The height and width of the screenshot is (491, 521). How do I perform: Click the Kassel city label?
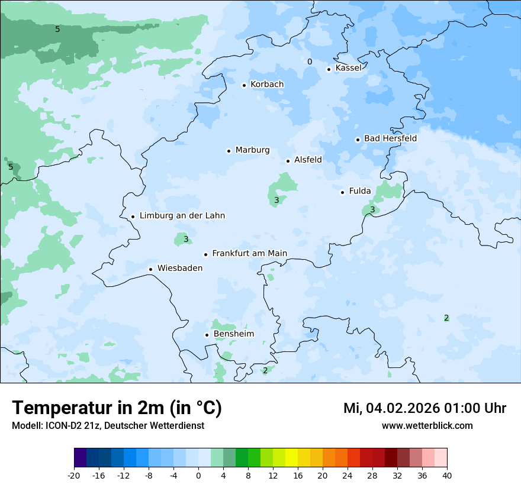tap(348, 68)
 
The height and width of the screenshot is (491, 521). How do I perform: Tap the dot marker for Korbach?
tap(244, 85)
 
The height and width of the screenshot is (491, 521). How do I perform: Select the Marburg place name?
tap(252, 150)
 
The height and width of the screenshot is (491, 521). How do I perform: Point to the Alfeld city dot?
tap(288, 161)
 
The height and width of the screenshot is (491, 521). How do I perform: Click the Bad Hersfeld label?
tap(390, 138)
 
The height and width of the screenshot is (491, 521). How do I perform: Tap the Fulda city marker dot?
tap(342, 192)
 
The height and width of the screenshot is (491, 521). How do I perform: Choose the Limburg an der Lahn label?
tap(182, 216)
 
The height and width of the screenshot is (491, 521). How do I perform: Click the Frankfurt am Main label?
tap(249, 254)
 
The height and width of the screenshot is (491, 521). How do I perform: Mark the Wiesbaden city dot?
tap(151, 269)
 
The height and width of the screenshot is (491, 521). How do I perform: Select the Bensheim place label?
tap(233, 334)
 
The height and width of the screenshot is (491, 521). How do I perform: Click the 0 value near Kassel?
tap(310, 62)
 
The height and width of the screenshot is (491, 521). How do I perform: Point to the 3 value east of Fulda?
tap(372, 209)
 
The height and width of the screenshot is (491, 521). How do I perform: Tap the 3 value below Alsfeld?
tap(276, 201)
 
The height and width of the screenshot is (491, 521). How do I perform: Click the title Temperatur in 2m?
tap(117, 408)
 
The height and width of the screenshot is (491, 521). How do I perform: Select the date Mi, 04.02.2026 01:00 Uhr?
tap(424, 408)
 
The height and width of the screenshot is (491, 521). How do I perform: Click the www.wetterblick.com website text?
tap(427, 426)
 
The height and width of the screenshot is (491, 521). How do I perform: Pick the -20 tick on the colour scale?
tap(74, 475)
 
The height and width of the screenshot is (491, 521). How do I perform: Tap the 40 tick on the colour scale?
tap(446, 475)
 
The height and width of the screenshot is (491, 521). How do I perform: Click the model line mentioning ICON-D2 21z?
tap(108, 426)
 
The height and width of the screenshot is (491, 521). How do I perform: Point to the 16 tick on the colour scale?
tap(298, 475)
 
